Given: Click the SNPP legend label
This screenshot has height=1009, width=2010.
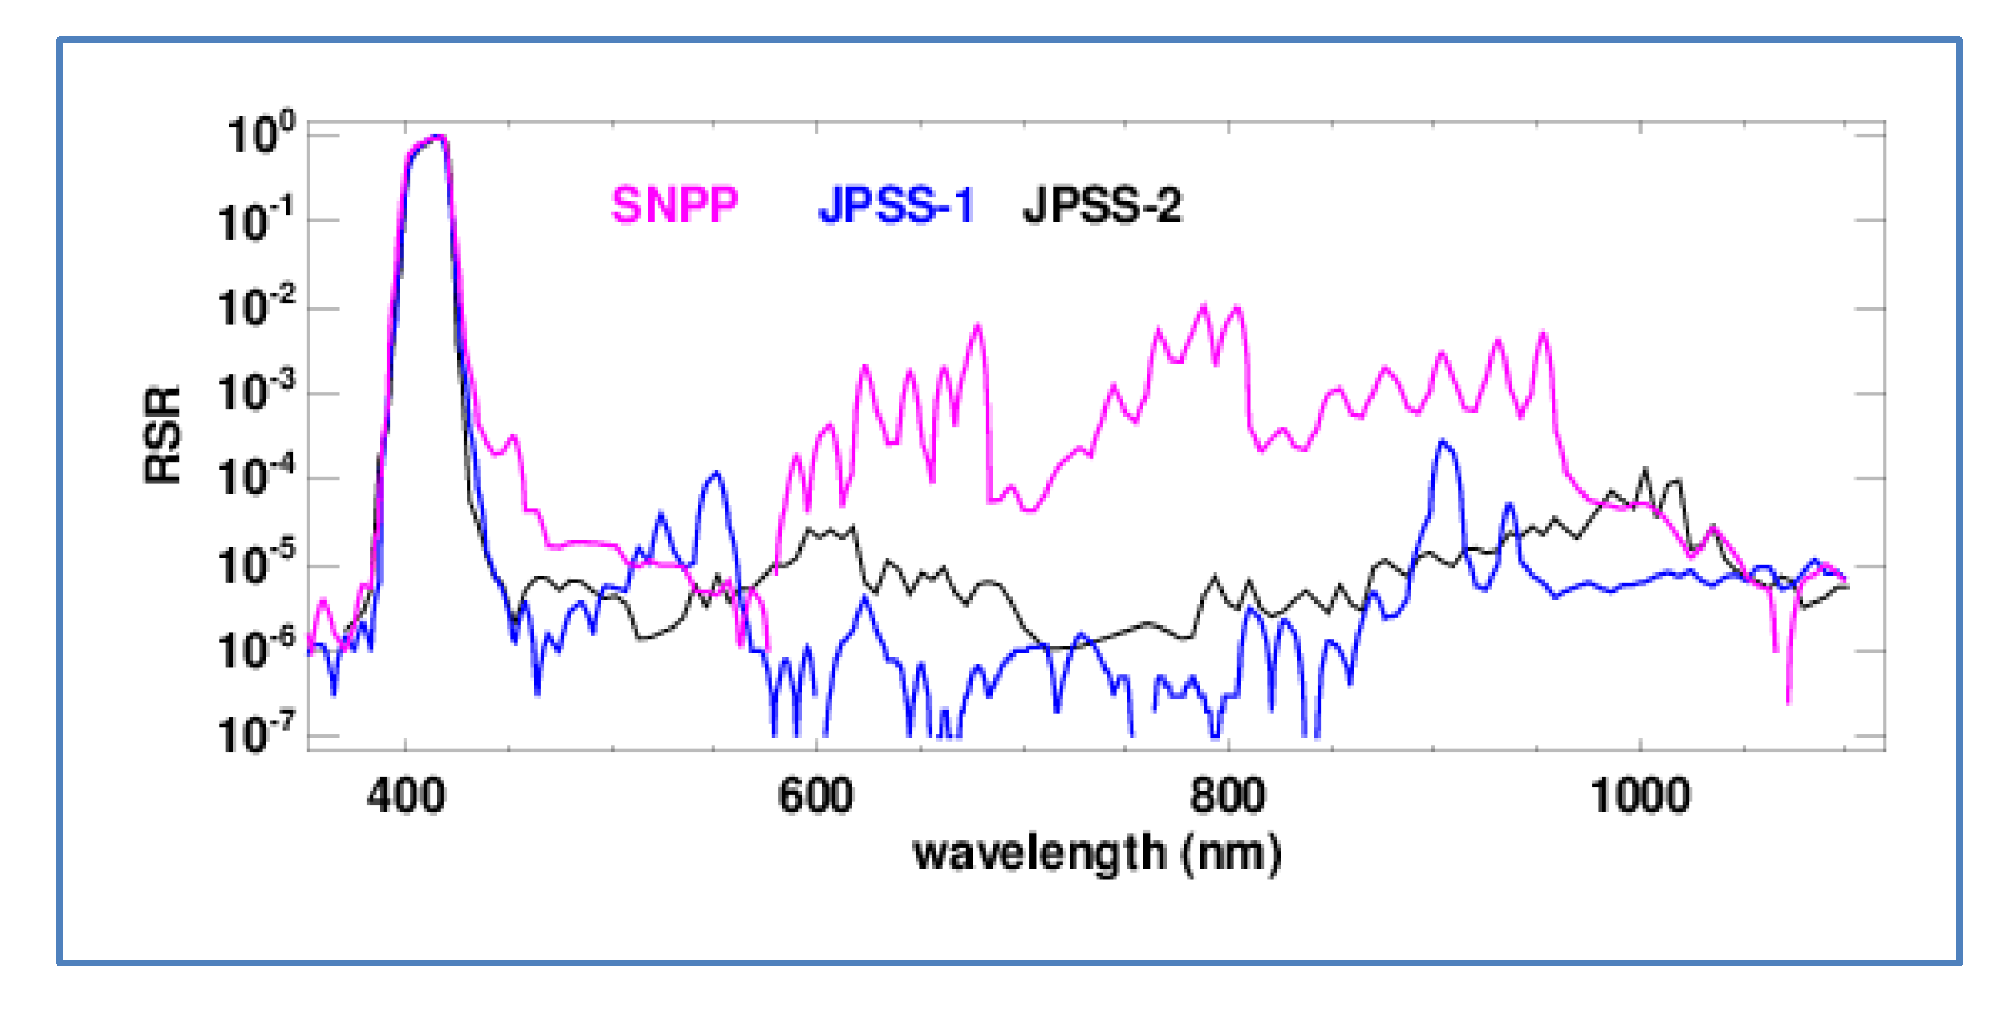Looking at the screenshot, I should (x=674, y=205).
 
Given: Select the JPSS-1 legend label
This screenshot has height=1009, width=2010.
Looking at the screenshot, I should (x=895, y=205).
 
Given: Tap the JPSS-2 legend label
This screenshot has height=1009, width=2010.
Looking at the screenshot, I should (x=1102, y=205).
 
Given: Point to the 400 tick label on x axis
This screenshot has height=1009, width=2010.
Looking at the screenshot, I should (x=405, y=797).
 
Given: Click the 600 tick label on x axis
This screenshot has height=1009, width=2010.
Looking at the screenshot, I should (x=816, y=797).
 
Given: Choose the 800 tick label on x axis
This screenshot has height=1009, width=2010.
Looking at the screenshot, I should (x=1228, y=797).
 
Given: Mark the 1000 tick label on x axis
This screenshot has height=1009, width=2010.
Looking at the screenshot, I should (x=1640, y=797).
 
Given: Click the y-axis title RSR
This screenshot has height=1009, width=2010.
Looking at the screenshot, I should (x=163, y=435).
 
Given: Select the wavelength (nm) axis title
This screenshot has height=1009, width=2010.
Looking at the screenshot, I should (x=1097, y=853).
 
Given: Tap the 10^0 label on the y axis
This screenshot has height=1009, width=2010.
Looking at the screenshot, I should (x=261, y=134).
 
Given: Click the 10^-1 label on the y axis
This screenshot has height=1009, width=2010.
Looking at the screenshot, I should (x=255, y=220).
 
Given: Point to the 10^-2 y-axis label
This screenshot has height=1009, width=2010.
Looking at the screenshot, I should (x=255, y=307).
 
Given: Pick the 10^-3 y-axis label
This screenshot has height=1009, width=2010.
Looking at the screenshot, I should (x=255, y=393).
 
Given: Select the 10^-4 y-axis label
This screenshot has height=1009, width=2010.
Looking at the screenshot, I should (x=255, y=478).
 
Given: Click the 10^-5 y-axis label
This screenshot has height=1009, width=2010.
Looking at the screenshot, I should (x=255, y=565).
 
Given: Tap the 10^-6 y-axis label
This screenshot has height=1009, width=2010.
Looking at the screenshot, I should (x=255, y=650).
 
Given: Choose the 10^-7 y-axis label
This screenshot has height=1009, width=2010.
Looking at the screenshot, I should (x=255, y=734).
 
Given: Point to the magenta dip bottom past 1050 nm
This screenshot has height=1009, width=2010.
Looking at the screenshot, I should (x=1788, y=701).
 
